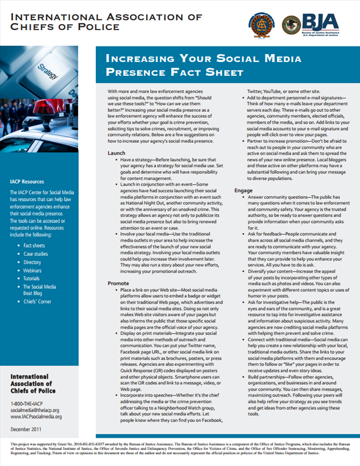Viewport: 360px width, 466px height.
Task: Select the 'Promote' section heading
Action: (x=119, y=283)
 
